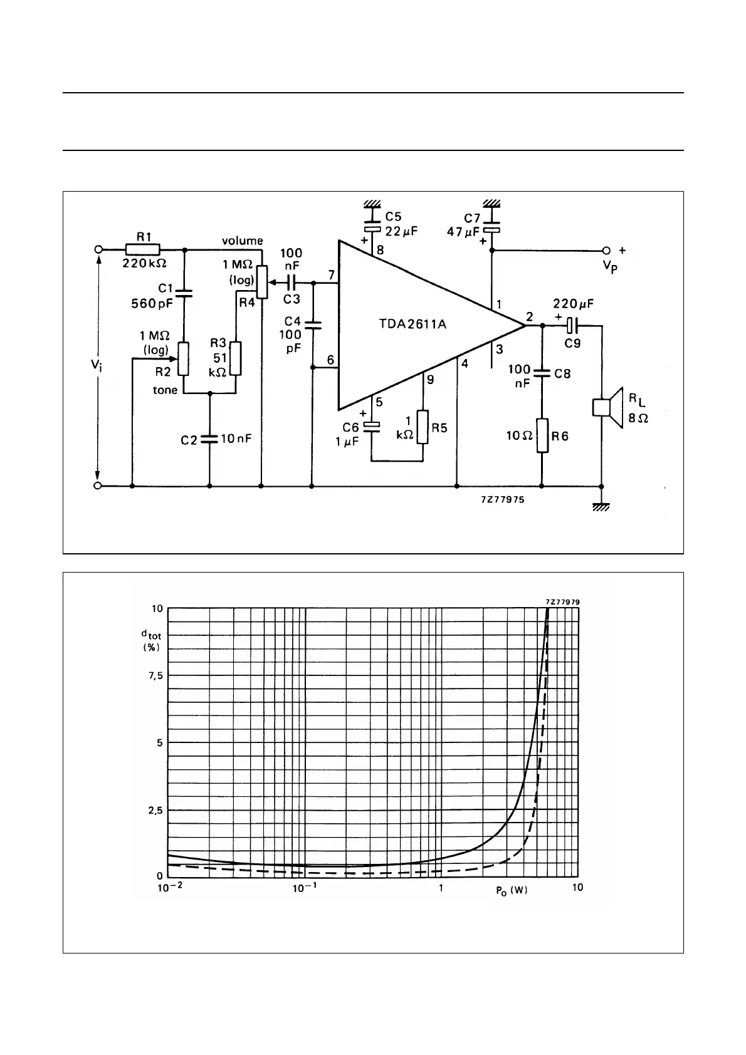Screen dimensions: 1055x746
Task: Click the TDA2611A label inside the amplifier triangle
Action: coord(412,325)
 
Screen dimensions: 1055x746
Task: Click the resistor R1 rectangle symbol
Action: coord(144,249)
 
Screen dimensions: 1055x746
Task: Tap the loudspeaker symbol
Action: coord(607,407)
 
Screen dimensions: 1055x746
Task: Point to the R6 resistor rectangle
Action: coord(543,435)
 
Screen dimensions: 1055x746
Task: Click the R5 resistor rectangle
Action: coord(423,427)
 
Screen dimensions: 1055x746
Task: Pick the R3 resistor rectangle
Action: coord(235,358)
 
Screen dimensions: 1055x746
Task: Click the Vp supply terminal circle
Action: coord(606,249)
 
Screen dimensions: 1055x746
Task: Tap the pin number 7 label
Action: coord(330,275)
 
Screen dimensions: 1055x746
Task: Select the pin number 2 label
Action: coord(530,317)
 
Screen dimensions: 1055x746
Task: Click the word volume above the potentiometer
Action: coord(242,241)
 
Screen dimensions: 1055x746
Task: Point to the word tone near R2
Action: coord(165,390)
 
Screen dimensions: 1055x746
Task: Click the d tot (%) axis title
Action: coord(150,640)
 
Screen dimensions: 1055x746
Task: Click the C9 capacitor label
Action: coord(572,343)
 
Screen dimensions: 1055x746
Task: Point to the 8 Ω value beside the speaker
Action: coord(638,417)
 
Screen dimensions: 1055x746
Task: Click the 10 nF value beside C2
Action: coord(236,439)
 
